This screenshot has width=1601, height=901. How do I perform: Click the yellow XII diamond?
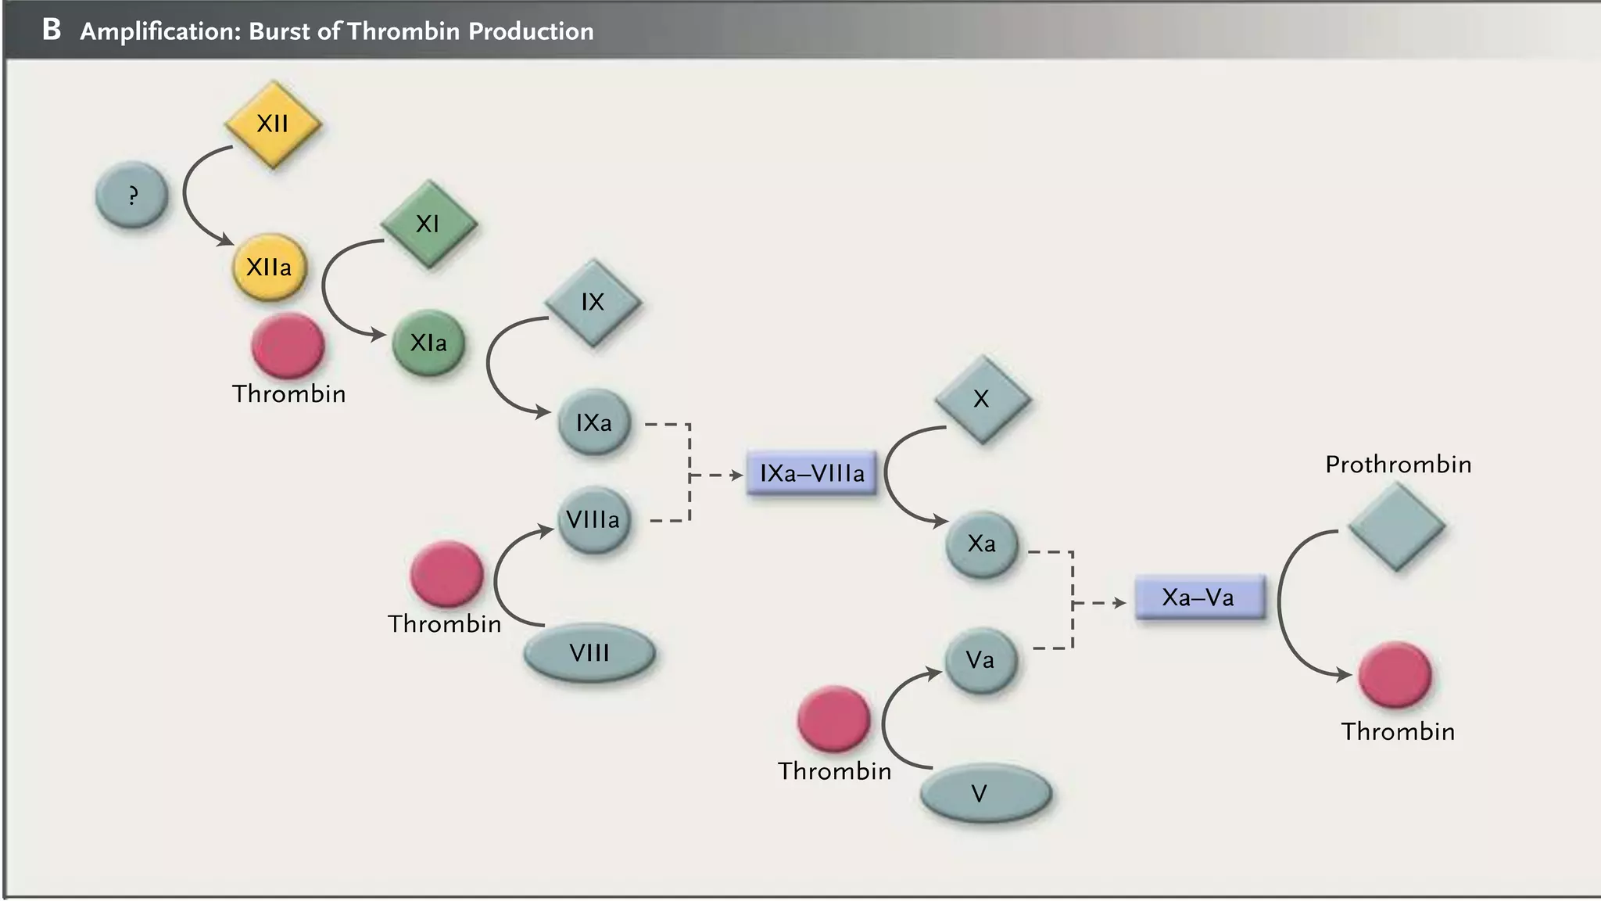(x=273, y=124)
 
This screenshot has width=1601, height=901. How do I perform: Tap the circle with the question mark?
(x=131, y=195)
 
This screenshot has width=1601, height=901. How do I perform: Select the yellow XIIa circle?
(x=269, y=267)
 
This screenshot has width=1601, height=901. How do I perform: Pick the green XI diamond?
(x=428, y=224)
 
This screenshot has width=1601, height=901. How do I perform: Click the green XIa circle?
(x=428, y=343)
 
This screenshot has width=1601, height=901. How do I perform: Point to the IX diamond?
(x=593, y=303)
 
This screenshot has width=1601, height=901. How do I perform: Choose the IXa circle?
(x=594, y=423)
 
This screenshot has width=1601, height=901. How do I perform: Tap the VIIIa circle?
(x=593, y=520)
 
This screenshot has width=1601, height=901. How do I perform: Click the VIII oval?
(x=589, y=653)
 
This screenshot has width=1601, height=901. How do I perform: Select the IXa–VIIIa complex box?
(x=811, y=473)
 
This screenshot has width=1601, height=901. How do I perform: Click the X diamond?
(x=982, y=399)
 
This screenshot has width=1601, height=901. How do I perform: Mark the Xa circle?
(x=982, y=544)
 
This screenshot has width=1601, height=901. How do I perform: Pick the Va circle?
(x=980, y=660)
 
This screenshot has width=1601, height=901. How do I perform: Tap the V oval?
(x=985, y=795)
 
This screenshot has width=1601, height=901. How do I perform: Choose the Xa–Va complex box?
(x=1199, y=598)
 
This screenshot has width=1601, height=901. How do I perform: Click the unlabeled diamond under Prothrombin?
(x=1397, y=526)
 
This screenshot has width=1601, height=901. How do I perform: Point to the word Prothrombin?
(x=1398, y=465)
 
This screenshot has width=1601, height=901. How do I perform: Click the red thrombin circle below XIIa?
(x=288, y=346)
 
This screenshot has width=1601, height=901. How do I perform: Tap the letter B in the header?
(x=52, y=30)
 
